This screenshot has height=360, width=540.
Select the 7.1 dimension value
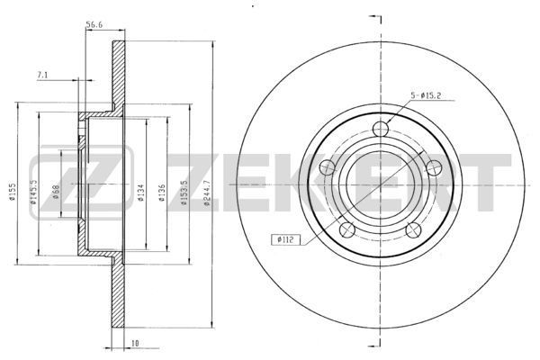[x=41, y=75]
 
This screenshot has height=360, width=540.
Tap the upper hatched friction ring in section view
[x=117, y=72]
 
